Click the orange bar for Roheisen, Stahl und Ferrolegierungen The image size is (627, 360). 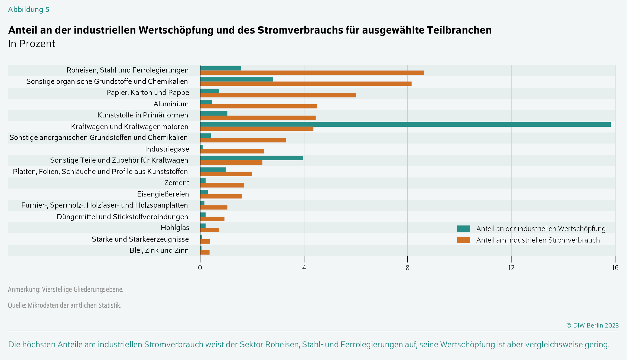pyautogui.click(x=312, y=73)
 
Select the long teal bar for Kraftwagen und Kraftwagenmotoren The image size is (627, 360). pyautogui.click(x=405, y=125)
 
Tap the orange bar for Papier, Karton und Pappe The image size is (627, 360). pyautogui.click(x=278, y=95)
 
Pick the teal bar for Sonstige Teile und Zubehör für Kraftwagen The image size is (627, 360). pyautogui.click(x=252, y=158)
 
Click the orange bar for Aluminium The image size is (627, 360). pyautogui.click(x=258, y=106)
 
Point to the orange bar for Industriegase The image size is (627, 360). pyautogui.click(x=232, y=151)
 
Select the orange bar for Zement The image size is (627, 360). pyautogui.click(x=222, y=185)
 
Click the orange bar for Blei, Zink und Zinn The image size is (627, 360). pyautogui.click(x=205, y=252)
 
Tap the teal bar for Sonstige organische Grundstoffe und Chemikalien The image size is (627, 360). pyautogui.click(x=237, y=79)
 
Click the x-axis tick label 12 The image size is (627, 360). pyautogui.click(x=511, y=268)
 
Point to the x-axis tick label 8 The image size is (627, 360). pyautogui.click(x=407, y=268)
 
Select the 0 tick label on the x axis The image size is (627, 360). pyautogui.click(x=200, y=268)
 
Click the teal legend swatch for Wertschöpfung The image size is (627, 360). pyautogui.click(x=463, y=229)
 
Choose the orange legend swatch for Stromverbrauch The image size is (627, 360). pyautogui.click(x=463, y=240)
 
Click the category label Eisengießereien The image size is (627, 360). pyautogui.click(x=163, y=194)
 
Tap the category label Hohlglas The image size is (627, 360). pyautogui.click(x=175, y=228)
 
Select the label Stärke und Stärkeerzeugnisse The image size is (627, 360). pyautogui.click(x=140, y=239)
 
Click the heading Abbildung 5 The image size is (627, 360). pyautogui.click(x=29, y=9)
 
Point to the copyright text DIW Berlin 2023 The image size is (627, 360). pyautogui.click(x=593, y=325)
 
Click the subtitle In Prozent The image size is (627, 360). pyautogui.click(x=31, y=44)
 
